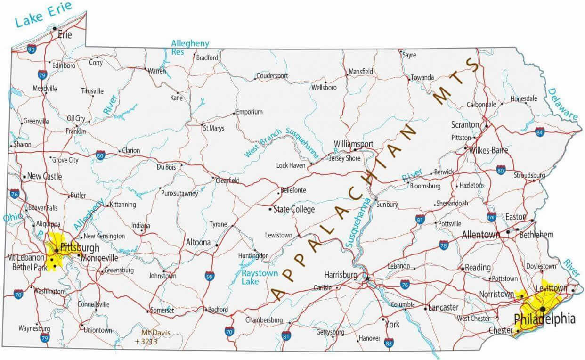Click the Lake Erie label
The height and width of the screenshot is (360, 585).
tap(43, 15)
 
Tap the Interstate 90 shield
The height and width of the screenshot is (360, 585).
tap(32, 49)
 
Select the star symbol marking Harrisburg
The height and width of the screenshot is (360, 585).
tap(367, 279)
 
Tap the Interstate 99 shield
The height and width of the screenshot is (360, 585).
tap(209, 276)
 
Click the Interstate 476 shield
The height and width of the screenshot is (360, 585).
tap(491, 216)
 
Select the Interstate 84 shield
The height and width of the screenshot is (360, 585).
tap(540, 131)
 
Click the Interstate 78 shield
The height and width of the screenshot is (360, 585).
tap(443, 245)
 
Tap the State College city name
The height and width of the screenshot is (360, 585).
tap(294, 209)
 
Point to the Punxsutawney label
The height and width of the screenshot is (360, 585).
tap(179, 193)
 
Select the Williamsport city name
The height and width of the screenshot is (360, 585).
tap(353, 144)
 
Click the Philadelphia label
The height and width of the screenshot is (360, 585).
tap(544, 319)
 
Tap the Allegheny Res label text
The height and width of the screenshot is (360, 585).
tap(189, 47)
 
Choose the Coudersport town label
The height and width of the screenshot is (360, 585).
tap(272, 76)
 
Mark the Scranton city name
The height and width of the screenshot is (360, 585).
tap(465, 125)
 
